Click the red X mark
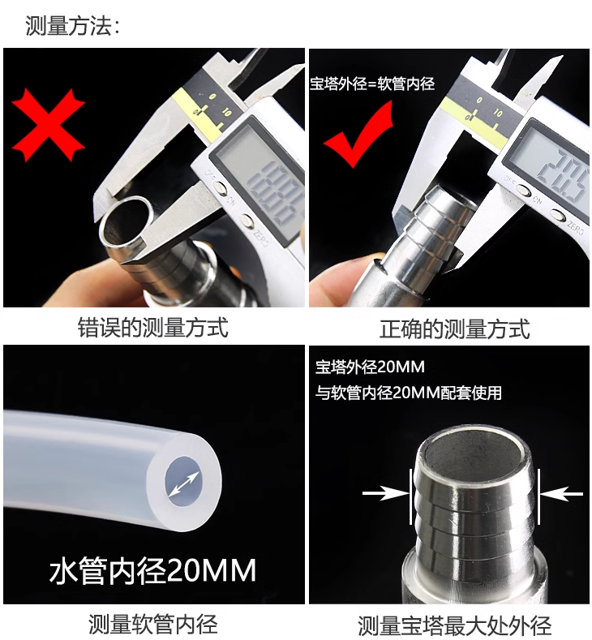(48, 125)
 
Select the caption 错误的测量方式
(152, 328)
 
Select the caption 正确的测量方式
(454, 329)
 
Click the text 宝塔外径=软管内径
(372, 84)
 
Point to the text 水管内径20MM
(152, 569)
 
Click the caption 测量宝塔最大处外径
(454, 625)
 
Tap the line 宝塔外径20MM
(370, 367)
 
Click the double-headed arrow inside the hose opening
(183, 484)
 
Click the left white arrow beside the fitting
(385, 493)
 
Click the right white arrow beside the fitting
(561, 493)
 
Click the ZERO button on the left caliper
(247, 221)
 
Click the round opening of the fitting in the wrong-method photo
(126, 222)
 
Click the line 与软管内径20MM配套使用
(409, 393)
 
